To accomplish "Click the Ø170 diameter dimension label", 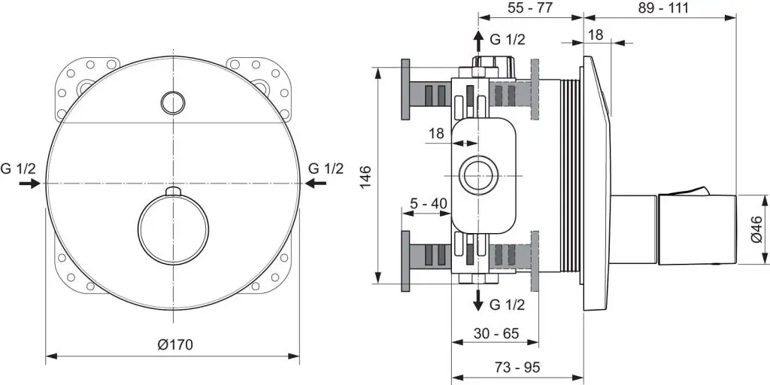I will coord(175,345).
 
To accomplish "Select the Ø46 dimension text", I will coord(756,229).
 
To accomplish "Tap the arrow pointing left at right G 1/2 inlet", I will coord(316,183).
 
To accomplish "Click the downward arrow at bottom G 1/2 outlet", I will coord(477,300).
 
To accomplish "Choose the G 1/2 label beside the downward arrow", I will coord(507,305).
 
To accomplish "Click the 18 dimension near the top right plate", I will coord(596,35).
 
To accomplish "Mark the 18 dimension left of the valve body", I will coord(436,132).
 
